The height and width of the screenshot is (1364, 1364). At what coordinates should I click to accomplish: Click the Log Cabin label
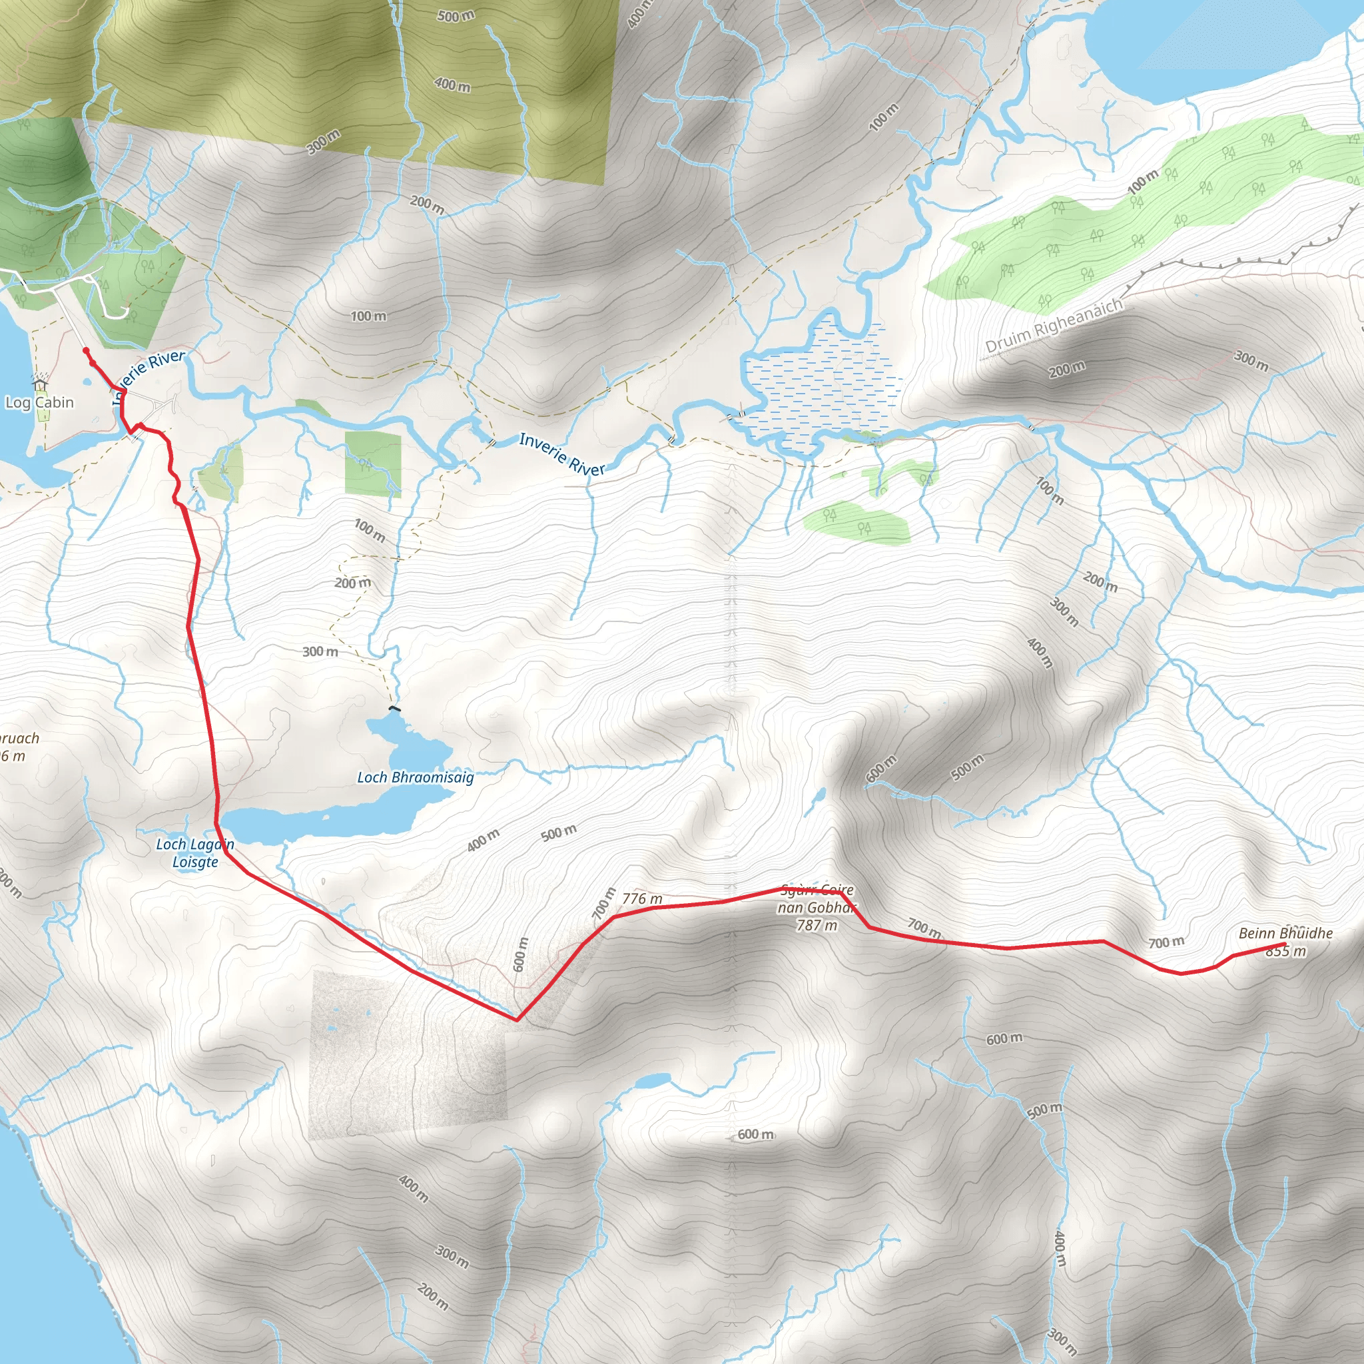39,402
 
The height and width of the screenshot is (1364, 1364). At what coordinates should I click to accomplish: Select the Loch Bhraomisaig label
415,777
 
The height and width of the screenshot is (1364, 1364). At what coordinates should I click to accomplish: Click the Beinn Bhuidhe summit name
1285,932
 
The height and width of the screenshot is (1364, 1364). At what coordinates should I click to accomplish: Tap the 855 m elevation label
1285,951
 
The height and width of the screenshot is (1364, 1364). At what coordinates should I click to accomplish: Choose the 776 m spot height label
643,898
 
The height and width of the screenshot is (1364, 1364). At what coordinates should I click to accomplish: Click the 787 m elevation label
817,925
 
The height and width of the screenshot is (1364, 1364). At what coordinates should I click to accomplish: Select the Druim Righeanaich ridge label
1054,326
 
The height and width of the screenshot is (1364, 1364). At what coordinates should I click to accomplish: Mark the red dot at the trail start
86,350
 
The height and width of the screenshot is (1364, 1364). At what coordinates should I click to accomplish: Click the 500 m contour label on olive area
456,15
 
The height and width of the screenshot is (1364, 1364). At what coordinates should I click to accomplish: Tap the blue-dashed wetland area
823,385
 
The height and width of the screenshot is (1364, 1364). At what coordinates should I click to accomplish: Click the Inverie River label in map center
562,454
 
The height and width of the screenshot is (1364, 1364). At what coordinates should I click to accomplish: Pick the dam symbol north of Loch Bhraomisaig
395,707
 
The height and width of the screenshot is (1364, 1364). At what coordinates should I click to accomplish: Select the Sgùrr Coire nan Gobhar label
817,898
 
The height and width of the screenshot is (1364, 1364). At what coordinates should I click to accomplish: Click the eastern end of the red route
1283,944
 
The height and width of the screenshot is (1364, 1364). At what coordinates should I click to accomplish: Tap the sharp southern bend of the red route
517,1020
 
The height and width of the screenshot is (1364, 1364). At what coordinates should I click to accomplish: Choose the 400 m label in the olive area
452,85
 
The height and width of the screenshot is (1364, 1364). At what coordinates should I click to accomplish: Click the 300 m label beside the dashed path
320,651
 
